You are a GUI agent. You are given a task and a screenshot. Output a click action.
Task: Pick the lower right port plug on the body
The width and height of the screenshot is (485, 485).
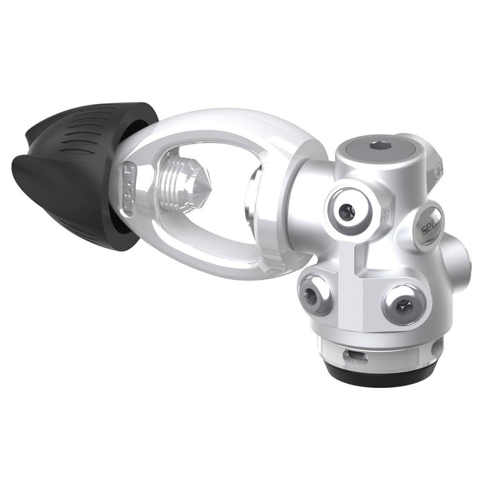point(401,303)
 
